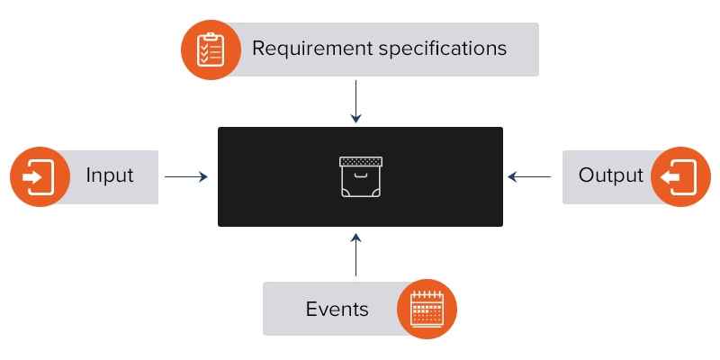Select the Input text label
tap(109, 175)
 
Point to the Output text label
tap(611, 175)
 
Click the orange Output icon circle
tap(680, 176)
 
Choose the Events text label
tap(337, 309)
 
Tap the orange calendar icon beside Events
tap(427, 309)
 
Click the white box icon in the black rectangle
tap(360, 176)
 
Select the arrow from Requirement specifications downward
tap(356, 101)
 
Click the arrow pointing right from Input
tap(186, 177)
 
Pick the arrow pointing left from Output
tap(531, 177)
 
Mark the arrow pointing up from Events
tap(356, 254)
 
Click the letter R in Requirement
tap(259, 48)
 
